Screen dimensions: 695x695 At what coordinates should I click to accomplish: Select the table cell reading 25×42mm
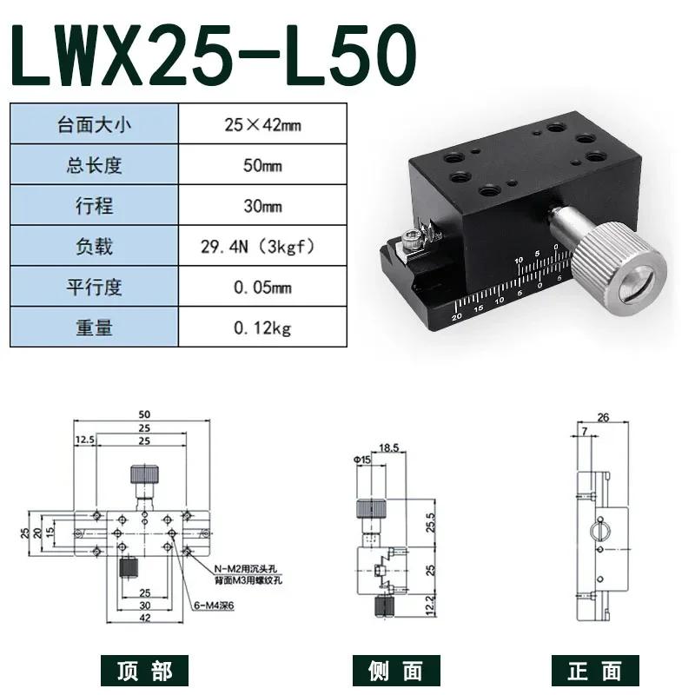click(262, 124)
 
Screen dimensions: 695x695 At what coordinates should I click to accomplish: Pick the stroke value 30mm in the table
click(262, 206)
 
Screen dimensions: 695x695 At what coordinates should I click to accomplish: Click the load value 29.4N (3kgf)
click(262, 247)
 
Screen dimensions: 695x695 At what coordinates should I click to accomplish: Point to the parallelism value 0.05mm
click(262, 288)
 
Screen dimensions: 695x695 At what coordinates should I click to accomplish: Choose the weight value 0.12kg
click(262, 328)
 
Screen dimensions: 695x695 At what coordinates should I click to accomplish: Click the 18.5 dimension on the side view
click(388, 448)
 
